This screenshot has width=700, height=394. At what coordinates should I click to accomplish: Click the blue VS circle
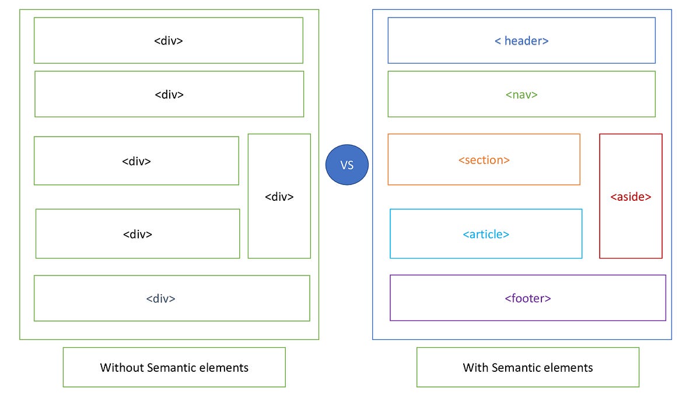click(347, 165)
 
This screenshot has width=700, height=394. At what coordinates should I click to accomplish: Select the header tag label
click(521, 41)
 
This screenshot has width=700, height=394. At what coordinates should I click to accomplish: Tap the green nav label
click(521, 95)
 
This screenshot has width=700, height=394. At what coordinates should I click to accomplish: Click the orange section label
click(484, 160)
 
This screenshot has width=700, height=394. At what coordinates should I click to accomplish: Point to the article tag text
click(486, 234)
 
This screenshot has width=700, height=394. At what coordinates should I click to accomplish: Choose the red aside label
click(631, 197)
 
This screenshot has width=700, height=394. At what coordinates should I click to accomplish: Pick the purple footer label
click(528, 298)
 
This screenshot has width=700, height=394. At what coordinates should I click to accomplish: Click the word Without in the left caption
click(122, 368)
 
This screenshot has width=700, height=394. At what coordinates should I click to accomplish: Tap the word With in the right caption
click(475, 368)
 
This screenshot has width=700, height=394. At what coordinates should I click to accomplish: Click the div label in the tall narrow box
click(279, 197)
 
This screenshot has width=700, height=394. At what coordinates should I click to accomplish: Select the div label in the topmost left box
click(169, 41)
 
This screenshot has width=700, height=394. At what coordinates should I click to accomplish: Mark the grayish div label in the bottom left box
click(160, 298)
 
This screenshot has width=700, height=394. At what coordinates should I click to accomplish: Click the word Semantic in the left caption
click(170, 368)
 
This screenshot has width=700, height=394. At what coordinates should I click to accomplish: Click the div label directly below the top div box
click(169, 95)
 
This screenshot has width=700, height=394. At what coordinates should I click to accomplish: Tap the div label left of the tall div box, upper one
click(136, 161)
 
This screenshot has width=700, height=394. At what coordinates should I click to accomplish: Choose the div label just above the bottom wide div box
click(138, 234)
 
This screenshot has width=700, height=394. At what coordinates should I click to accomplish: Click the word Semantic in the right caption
click(515, 368)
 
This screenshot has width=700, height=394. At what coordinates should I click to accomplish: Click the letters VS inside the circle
click(347, 165)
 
